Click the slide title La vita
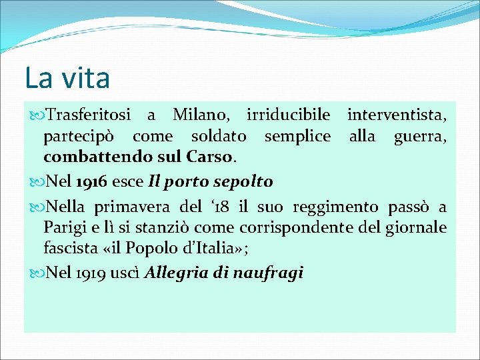67,77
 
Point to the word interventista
397,115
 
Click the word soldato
219,137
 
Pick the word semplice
297,137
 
